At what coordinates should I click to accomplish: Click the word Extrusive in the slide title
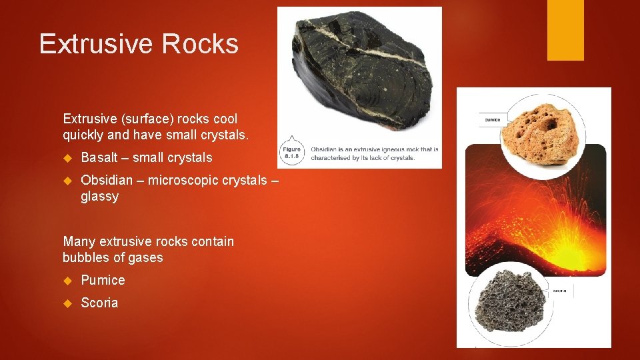click(97, 44)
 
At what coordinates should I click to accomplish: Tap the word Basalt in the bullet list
click(99, 158)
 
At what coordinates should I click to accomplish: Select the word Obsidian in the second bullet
click(105, 181)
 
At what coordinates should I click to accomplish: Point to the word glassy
click(99, 197)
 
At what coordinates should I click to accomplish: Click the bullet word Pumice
click(103, 280)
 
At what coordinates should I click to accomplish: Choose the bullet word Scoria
click(99, 303)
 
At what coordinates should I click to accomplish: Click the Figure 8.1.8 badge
click(293, 153)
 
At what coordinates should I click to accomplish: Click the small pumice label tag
click(493, 120)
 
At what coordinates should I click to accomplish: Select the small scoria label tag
click(559, 291)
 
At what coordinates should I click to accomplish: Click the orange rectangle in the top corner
click(565, 30)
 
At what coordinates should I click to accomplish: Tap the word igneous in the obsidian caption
click(391, 149)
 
